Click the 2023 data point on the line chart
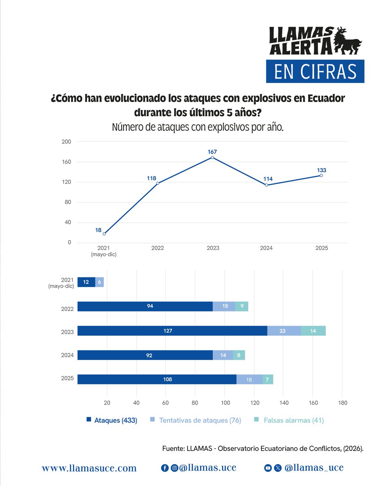[213, 158]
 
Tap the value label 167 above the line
[213, 152]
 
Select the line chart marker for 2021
[104, 234]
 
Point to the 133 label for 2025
[322, 170]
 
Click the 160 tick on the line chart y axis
[66, 162]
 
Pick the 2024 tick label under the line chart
[266, 248]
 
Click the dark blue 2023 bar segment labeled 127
[172, 331]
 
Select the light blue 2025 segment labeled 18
[249, 379]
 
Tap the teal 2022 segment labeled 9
[242, 307]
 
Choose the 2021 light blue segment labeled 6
[100, 282]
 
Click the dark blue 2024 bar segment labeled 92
[145, 355]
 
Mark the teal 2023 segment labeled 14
[313, 331]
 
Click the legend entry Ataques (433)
[112, 420]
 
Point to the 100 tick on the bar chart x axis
[224, 403]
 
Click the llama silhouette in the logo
[348, 40]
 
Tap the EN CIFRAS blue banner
[315, 71]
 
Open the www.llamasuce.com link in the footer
[89, 468]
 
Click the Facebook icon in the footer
[165, 468]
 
